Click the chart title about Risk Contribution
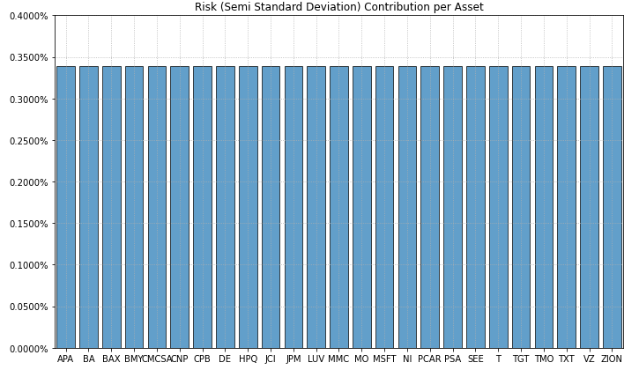tap(338, 7)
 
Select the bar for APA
tap(66, 207)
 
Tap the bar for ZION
tap(612, 207)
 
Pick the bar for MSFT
tap(384, 207)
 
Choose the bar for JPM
tap(293, 207)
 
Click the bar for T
tap(498, 207)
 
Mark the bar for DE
tap(225, 207)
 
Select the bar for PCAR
tap(430, 207)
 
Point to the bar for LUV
tap(316, 207)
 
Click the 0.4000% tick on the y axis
tap(28, 17)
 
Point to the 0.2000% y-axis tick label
tap(28, 182)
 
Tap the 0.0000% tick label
tap(28, 348)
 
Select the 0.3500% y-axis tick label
tap(28, 58)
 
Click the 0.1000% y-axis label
tap(28, 265)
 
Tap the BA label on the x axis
tap(88, 359)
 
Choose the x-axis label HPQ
tap(248, 359)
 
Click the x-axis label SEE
tap(475, 359)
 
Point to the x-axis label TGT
tap(521, 359)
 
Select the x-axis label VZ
tap(589, 359)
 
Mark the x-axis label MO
tap(361, 359)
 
